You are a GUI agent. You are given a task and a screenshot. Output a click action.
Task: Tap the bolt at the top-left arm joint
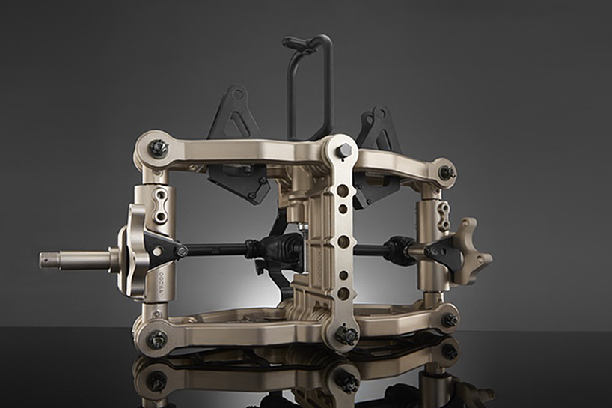click(x=158, y=148)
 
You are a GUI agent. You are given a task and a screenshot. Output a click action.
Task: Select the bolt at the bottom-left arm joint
click(x=157, y=340)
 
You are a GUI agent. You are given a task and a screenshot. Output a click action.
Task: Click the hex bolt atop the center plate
click(x=344, y=151)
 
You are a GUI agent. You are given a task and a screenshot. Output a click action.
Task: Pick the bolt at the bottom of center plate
click(x=346, y=336)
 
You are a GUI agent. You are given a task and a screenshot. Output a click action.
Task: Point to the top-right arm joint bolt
click(x=448, y=173)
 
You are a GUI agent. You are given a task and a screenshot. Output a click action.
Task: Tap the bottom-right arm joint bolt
click(x=449, y=320)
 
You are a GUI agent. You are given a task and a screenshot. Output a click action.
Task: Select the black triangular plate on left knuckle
click(x=159, y=248)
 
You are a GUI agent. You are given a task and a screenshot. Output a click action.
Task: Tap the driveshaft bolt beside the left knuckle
click(x=181, y=251)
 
